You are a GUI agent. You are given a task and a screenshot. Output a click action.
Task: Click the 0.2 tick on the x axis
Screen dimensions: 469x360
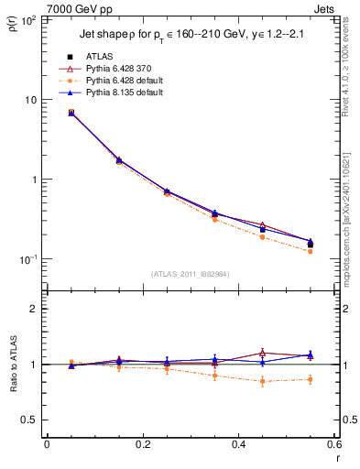[x=142, y=445]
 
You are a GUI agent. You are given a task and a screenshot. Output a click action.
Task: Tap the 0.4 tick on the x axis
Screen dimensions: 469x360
[x=238, y=445]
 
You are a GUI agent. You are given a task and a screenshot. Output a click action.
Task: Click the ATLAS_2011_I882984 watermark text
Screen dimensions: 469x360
[x=191, y=274]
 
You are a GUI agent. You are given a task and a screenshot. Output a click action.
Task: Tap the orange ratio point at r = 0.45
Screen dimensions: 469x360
[x=263, y=381]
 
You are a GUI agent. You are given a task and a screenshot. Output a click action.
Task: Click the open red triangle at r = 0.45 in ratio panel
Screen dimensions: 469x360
[x=263, y=352]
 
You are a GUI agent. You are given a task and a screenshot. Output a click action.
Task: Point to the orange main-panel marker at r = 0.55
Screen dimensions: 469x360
[x=311, y=251]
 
